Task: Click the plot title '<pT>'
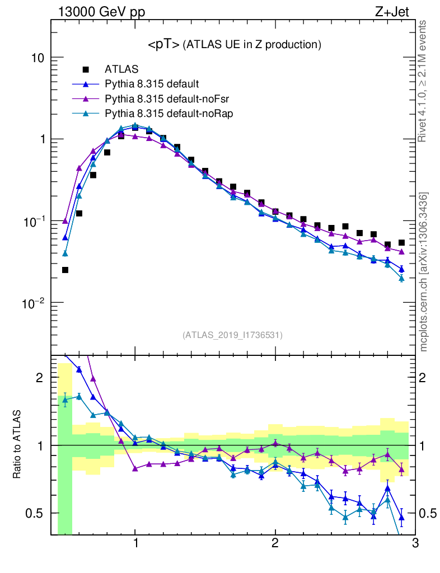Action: [x=163, y=44]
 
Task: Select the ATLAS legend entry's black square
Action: [x=86, y=70]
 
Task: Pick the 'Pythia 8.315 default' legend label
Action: [x=152, y=84]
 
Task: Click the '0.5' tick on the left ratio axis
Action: [x=36, y=513]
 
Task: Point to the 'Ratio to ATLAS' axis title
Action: [x=18, y=444]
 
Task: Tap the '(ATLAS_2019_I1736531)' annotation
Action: [x=232, y=335]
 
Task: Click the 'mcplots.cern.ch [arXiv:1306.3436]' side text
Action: [x=424, y=272]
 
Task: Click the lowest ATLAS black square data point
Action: [x=65, y=270]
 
